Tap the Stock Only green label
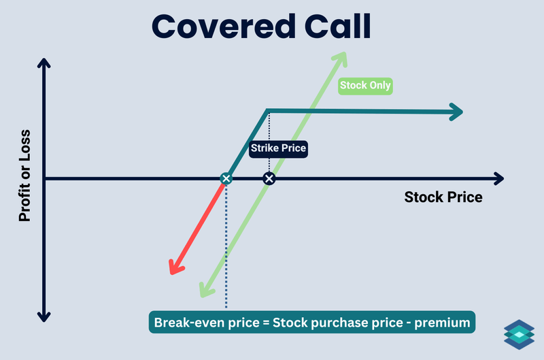click(x=365, y=86)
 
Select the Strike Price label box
click(x=279, y=148)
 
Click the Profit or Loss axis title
click(x=25, y=175)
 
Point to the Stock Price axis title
click(x=443, y=197)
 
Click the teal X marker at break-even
click(x=226, y=178)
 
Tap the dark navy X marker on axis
click(x=269, y=178)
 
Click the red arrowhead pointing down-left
click(x=174, y=267)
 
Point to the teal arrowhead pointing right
click(x=456, y=112)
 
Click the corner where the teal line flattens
click(x=267, y=110)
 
